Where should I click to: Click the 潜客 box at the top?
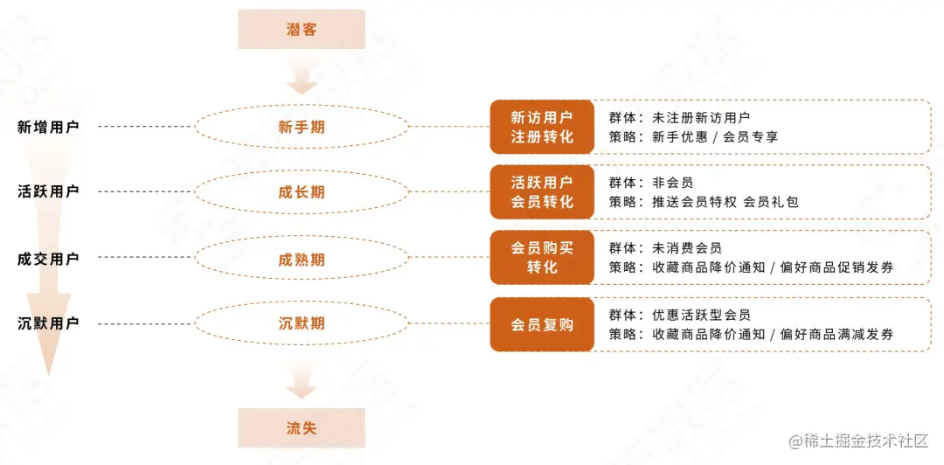point(302,30)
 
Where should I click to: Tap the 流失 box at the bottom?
point(302,427)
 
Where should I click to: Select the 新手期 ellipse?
point(302,127)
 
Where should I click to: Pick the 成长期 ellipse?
point(302,192)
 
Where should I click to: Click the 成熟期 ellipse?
point(302,259)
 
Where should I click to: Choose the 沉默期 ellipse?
point(302,323)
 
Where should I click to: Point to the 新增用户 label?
point(48,127)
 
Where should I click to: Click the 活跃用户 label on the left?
point(48,191)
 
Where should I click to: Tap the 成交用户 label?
point(48,259)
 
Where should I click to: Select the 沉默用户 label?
point(48,323)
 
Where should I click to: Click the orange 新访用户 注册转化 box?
point(542,127)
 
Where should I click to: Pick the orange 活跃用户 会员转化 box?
point(542,192)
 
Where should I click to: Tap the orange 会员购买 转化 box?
point(542,258)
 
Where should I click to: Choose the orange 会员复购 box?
point(542,324)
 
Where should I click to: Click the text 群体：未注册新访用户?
point(679,117)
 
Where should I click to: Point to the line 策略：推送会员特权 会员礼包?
point(704,202)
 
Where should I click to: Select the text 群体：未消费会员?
point(665,248)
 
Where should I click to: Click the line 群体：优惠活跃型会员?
point(679,315)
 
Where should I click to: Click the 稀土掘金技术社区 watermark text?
point(858,441)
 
